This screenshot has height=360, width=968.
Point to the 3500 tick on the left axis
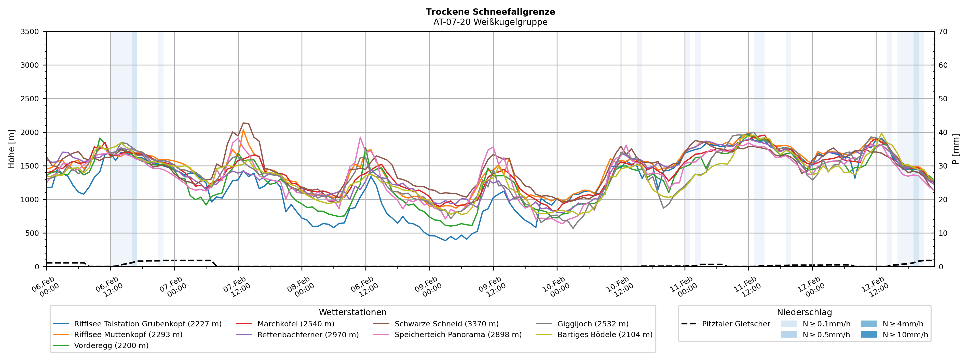point(30,32)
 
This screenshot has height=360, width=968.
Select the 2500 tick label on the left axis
point(30,99)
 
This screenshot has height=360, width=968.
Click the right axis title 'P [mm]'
point(956,149)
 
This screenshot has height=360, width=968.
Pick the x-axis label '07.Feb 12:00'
point(236,287)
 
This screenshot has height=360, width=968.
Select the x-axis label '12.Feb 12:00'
point(875,287)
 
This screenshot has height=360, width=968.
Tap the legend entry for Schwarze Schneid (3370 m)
point(446,324)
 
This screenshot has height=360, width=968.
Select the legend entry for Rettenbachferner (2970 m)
point(308,335)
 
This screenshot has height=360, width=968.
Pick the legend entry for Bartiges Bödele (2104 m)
point(605,335)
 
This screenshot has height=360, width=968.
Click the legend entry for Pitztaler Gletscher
point(736,324)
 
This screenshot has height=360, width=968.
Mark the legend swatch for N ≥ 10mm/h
point(868,335)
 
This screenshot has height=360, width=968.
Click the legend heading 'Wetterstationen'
point(352,312)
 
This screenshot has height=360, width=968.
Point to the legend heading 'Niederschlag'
point(804,312)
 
